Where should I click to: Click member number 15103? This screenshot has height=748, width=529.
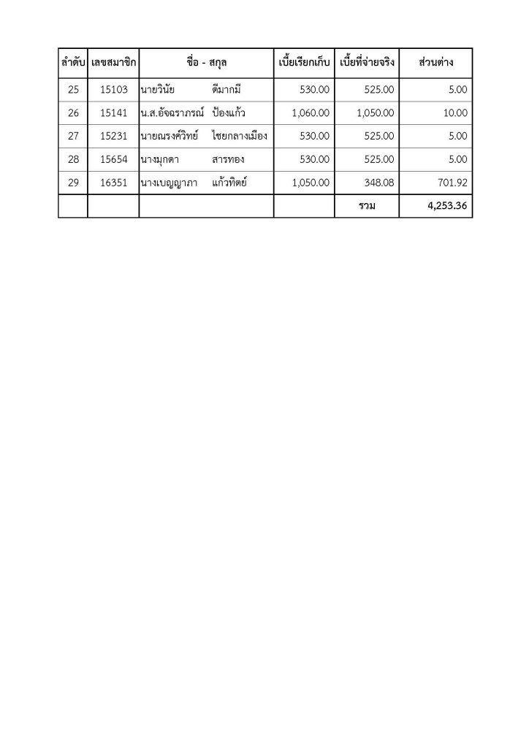114,90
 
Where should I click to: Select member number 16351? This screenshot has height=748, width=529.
114,183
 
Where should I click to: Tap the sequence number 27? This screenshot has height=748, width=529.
72,136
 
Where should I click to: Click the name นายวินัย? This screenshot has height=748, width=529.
157,90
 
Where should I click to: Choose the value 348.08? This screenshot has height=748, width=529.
379,183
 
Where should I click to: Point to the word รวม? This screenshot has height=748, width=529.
367,206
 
